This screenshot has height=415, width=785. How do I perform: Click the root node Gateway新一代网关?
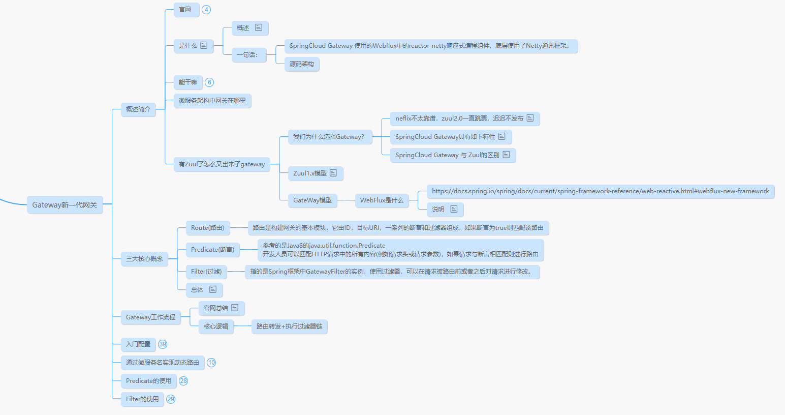[65, 205]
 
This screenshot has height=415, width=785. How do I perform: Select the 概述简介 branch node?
[138, 109]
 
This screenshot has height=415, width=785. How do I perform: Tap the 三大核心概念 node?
[144, 259]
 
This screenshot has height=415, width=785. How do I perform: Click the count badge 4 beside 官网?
[206, 10]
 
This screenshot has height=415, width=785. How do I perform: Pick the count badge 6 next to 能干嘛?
[209, 82]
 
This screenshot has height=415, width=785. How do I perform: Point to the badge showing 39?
[163, 344]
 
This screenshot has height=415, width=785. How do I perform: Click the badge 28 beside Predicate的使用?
[183, 381]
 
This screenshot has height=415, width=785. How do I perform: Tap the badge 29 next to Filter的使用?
[171, 399]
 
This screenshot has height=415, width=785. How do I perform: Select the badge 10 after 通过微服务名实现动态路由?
[211, 363]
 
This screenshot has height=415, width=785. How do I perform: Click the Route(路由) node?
[207, 228]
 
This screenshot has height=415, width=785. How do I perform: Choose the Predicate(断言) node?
[212, 250]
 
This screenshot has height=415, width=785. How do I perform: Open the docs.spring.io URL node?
[600, 191]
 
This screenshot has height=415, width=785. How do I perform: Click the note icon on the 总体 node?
[213, 289]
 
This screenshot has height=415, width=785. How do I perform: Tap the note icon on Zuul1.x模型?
[333, 173]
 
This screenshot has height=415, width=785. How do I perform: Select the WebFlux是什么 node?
[382, 200]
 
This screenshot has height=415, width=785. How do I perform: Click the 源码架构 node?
[302, 64]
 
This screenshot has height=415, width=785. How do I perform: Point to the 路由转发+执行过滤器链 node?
[289, 327]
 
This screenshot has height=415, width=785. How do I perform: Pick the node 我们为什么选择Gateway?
[329, 137]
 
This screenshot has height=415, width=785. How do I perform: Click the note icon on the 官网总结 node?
[235, 308]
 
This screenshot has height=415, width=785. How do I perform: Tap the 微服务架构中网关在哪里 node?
[212, 101]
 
